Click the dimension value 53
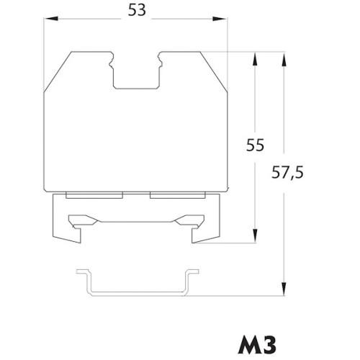137,10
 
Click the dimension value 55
255,145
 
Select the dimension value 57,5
287,172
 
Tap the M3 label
257,345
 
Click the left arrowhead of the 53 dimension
51,19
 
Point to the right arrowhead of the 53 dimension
220,19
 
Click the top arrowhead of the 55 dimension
255,59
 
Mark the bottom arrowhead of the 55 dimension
255,236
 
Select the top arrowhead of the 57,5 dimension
284,59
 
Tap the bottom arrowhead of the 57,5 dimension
284,289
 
